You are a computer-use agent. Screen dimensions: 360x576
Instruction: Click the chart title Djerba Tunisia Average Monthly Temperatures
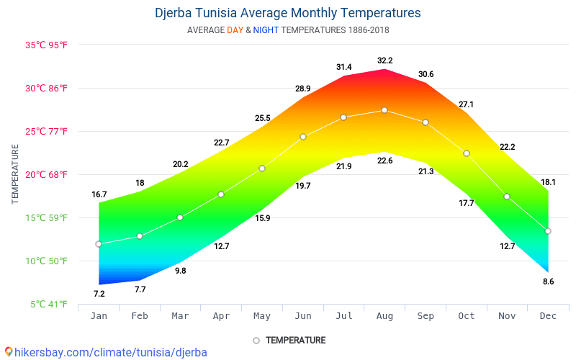[288, 13]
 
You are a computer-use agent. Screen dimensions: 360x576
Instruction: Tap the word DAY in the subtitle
[235, 30]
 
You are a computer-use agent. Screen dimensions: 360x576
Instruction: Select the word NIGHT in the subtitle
[266, 30]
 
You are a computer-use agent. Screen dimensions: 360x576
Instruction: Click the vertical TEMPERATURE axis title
[15, 174]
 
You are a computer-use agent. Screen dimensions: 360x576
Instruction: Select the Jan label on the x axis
[99, 316]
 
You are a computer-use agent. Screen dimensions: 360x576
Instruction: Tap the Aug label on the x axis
[384, 316]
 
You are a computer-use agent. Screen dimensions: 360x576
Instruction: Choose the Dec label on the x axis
[548, 316]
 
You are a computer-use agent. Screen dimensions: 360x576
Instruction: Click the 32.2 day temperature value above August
[384, 60]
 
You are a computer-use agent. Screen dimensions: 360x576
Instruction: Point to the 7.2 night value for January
[99, 294]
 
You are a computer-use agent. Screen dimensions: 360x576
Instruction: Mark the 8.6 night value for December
[548, 282]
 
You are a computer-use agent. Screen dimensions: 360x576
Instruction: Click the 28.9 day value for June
[303, 89]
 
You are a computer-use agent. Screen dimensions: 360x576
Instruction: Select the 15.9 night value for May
[262, 218]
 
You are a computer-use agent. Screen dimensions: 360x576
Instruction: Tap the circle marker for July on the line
[343, 117]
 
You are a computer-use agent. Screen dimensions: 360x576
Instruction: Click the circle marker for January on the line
[99, 244]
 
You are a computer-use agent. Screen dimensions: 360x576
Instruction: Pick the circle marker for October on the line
[467, 153]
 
